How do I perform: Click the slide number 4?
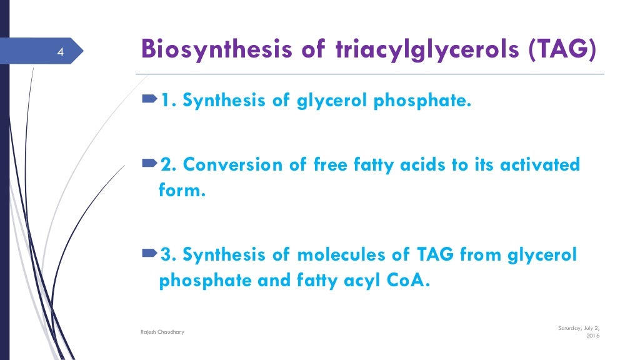60,51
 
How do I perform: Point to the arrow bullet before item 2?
150,164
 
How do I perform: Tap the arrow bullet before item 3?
150,254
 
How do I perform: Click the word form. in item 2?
182,191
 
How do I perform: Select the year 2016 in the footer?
592,336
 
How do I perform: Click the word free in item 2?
329,166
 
